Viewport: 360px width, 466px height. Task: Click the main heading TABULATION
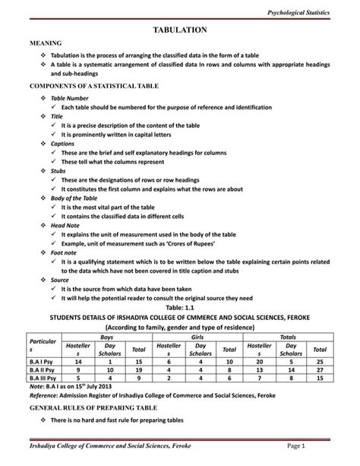(x=180, y=29)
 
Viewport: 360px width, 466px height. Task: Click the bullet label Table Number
(x=69, y=99)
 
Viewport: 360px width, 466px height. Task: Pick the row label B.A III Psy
(x=46, y=378)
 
